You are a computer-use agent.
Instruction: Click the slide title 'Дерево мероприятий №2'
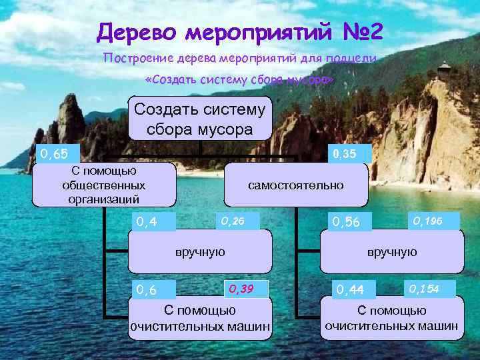240,31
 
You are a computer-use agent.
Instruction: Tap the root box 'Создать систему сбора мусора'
200,118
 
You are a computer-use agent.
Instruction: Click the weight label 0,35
344,155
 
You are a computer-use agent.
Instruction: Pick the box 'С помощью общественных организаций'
104,185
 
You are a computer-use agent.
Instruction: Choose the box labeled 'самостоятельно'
296,185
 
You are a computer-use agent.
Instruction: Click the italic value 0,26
233,219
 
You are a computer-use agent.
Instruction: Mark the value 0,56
347,221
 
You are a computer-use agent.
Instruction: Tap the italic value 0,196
427,219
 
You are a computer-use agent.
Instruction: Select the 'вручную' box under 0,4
200,252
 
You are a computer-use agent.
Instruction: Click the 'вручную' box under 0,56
391,252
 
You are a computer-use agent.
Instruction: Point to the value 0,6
147,290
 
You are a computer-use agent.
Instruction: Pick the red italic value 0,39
242,289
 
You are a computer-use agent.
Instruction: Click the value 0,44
350,290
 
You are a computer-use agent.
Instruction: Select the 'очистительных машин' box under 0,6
200,319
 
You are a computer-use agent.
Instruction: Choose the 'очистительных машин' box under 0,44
391,319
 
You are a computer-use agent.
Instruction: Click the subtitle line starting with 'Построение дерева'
240,58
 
